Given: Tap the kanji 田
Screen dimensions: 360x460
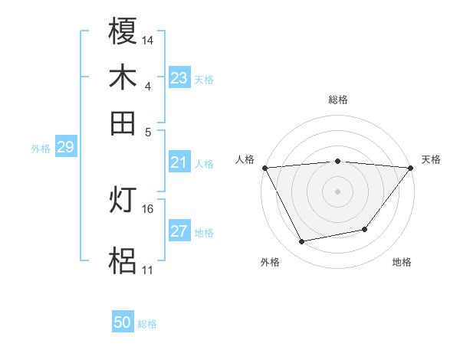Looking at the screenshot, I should [x=123, y=123].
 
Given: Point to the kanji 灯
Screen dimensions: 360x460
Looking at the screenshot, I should [x=123, y=201].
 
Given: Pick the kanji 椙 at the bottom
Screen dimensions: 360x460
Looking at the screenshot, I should [x=123, y=261].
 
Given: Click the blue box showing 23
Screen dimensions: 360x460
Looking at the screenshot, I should [x=179, y=78].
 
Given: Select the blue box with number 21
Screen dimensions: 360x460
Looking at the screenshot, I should [x=179, y=162].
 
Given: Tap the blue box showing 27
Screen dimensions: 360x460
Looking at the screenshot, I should [x=179, y=232].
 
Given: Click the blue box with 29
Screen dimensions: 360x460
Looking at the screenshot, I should [x=65, y=147].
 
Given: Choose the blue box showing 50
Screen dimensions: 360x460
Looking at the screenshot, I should [x=123, y=322].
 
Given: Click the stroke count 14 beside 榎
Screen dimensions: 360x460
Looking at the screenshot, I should [x=148, y=39].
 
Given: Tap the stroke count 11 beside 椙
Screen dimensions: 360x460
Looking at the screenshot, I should [x=147, y=270].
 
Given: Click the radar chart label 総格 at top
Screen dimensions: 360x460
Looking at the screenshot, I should [x=337, y=100].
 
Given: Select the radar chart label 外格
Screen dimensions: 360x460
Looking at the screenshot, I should [x=270, y=263].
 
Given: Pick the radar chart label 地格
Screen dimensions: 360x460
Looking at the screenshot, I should [x=402, y=263].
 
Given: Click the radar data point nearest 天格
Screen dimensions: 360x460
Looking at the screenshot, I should [x=411, y=168].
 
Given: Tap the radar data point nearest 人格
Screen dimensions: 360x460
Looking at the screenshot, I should [x=264, y=168].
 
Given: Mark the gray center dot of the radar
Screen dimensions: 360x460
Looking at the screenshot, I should [x=337, y=191].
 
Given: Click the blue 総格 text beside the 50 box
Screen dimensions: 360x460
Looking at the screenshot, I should [x=147, y=324].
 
